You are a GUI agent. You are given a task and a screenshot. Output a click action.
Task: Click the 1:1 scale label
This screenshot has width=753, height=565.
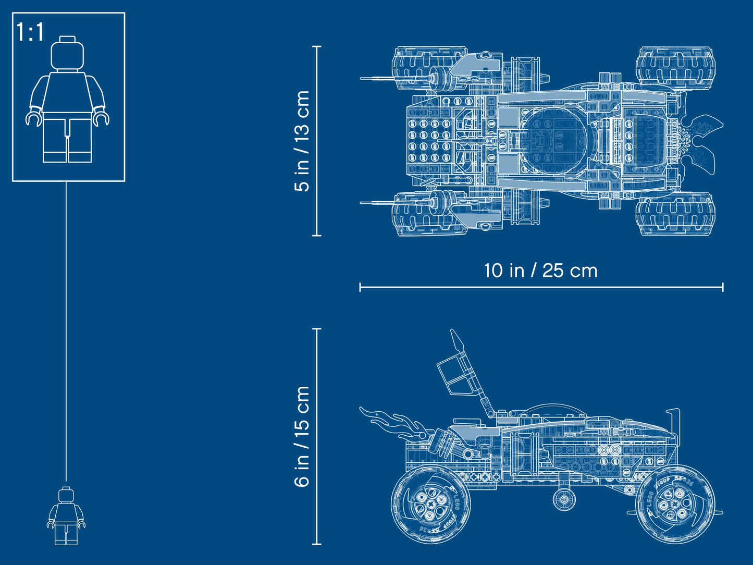click(30, 32)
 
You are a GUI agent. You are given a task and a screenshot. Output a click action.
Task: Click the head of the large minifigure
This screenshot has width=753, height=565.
click(68, 54)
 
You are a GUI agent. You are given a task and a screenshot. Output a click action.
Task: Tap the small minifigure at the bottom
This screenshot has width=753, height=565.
click(66, 516)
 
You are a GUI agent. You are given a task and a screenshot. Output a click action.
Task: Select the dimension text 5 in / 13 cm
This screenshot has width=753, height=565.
click(302, 141)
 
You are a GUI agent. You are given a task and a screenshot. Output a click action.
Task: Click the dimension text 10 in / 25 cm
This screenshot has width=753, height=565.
click(540, 271)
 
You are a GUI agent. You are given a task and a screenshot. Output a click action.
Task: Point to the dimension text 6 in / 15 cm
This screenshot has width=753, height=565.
click(302, 437)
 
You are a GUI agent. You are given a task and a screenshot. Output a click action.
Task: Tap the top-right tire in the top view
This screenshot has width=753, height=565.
click(675, 67)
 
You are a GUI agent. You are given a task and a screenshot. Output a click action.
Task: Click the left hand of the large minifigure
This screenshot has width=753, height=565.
click(101, 118)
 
